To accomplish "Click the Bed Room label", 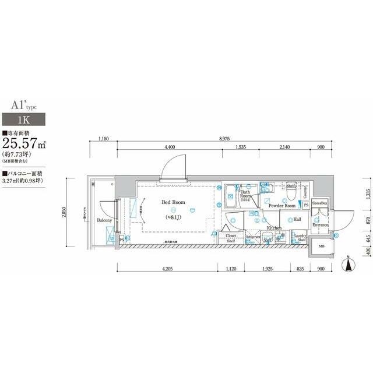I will (173, 202).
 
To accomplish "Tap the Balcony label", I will (104, 221).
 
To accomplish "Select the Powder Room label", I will (283, 206).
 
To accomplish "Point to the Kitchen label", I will (274, 228).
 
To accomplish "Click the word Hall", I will (297, 220).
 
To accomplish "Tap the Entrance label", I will (321, 225).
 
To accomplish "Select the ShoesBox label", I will (319, 203).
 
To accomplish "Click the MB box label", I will (321, 247).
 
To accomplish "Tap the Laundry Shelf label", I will (301, 238).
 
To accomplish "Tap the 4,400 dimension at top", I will (170, 147).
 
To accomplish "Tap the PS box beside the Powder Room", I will (306, 205).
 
